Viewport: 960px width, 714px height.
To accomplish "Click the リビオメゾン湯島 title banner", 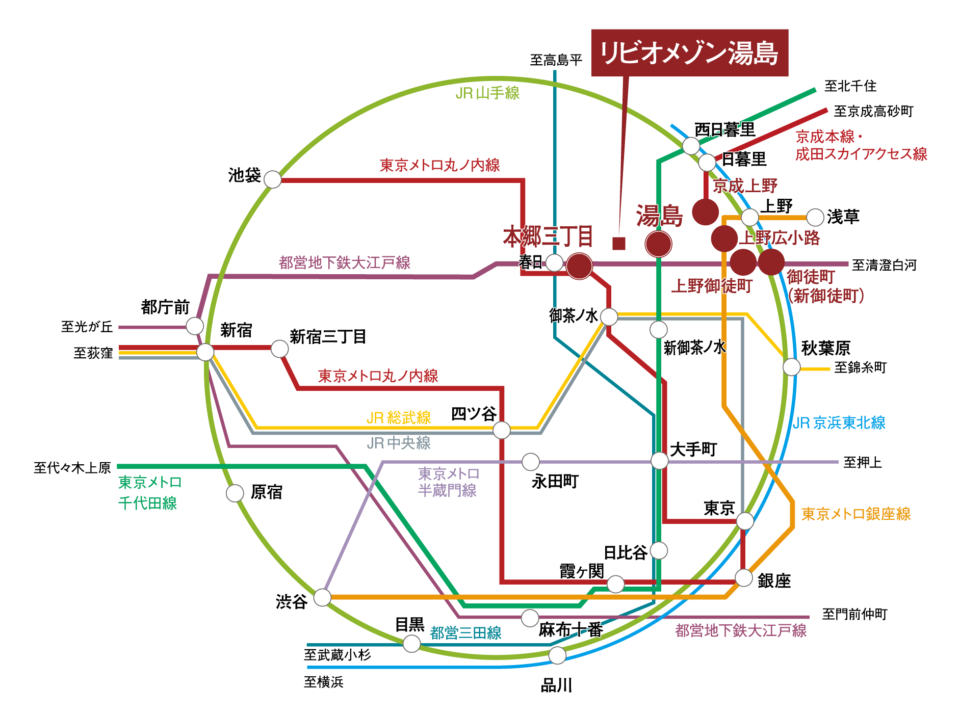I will click(689, 52).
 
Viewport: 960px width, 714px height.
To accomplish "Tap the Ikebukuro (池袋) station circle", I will click(272, 179).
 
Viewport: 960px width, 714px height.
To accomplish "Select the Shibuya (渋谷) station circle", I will click(322, 597).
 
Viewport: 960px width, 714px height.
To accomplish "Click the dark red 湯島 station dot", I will click(658, 244).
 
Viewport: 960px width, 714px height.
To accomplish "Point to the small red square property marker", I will click(618, 244).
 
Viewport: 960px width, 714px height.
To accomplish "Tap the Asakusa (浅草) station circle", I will click(815, 217).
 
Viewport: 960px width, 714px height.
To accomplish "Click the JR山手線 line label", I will click(487, 93).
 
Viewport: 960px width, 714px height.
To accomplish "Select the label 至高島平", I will click(556, 60).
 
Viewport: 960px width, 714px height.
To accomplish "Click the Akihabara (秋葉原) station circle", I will click(791, 366).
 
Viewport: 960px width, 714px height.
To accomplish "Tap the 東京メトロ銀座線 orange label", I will click(855, 514).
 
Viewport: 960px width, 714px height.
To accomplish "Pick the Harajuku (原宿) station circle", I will click(235, 493).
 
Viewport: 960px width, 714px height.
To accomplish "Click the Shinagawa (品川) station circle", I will click(557, 655).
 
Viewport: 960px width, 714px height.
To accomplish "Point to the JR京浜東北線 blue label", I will click(839, 422).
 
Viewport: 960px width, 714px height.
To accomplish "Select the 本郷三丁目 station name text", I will click(548, 236).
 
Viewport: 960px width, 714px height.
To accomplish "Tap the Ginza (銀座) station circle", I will click(743, 578).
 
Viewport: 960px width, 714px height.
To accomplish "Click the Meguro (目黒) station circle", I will click(411, 643).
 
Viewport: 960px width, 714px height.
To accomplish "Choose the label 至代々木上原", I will click(72, 467).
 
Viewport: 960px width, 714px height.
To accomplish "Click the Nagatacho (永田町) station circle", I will click(530, 462).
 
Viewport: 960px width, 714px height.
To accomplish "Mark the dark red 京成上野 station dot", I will click(705, 212).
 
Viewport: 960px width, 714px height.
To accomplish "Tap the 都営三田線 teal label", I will click(465, 633).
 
